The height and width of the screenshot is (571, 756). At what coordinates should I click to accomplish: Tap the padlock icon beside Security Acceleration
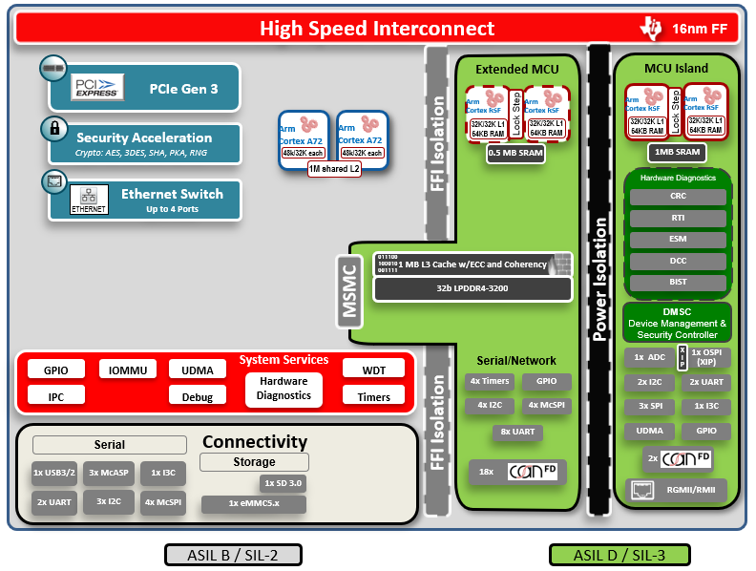54,127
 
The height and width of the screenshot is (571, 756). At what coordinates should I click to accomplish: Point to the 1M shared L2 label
334,169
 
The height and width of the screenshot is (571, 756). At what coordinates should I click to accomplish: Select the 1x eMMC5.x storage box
253,503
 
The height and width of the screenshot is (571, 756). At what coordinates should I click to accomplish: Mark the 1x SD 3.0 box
283,483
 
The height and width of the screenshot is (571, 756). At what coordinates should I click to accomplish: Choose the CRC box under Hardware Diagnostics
678,196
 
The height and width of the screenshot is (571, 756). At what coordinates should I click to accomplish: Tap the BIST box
678,284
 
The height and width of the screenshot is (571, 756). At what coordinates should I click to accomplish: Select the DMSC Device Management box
677,322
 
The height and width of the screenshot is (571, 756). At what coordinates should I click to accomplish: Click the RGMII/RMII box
678,492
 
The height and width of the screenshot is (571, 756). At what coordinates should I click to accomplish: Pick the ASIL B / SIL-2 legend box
233,555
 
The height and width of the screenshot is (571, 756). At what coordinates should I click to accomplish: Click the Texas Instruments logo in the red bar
652,29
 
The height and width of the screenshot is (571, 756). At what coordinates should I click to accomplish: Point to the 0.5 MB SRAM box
516,152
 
